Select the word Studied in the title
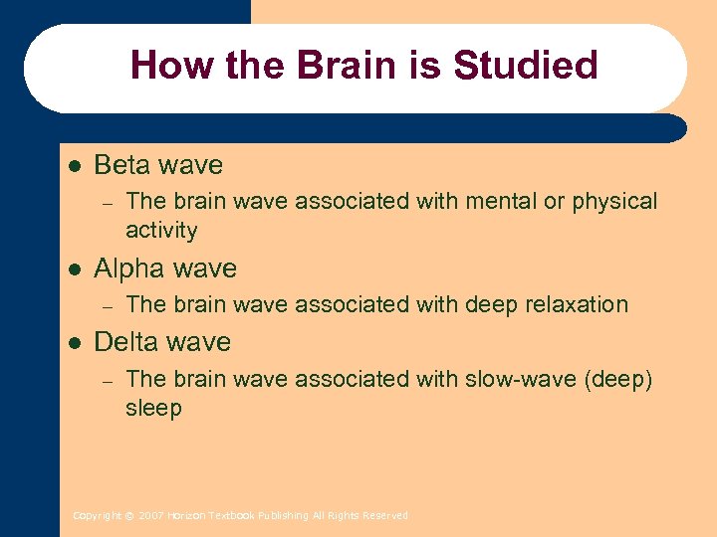point(525,66)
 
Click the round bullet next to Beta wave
point(72,165)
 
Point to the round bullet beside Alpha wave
point(72,268)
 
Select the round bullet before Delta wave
point(72,342)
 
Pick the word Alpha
point(129,268)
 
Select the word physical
point(613,202)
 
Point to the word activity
point(161,231)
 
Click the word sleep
point(153,409)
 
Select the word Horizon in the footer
point(185,516)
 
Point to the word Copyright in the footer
point(97,516)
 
